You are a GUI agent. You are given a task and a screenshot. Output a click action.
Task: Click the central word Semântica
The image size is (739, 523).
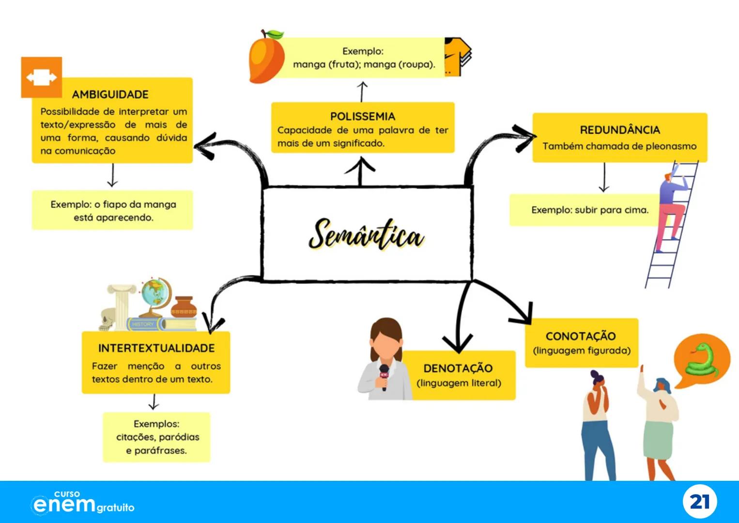point(366,235)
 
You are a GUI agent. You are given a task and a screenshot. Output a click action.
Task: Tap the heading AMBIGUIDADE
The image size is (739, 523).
point(110,94)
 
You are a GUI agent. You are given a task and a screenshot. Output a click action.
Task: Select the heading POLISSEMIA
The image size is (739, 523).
point(363,116)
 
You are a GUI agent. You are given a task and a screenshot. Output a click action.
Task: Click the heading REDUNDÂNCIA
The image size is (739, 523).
point(620,130)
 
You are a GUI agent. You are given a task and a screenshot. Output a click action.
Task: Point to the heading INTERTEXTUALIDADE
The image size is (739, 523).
point(156,348)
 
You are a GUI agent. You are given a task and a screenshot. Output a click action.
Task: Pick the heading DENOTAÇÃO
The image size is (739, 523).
point(458,368)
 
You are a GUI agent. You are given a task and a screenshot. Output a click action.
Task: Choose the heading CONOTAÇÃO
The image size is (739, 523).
point(581,336)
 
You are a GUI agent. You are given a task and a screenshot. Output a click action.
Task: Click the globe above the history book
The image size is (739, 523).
point(156,293)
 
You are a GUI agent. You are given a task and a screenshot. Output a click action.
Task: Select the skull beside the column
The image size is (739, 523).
point(107,320)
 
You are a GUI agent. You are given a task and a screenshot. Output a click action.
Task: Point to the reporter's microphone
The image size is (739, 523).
point(384,377)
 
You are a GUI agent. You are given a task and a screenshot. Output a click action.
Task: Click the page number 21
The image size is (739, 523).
point(699,502)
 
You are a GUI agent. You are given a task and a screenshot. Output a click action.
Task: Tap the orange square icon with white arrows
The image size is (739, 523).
point(42,77)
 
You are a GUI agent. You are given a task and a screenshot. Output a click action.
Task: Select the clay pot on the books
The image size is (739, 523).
point(185,306)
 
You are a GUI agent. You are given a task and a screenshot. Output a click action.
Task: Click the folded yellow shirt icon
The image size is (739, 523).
point(457,56)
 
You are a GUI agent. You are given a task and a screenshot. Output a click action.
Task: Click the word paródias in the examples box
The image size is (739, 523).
point(179,437)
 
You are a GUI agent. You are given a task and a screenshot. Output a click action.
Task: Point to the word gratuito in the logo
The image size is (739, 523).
point(115,508)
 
